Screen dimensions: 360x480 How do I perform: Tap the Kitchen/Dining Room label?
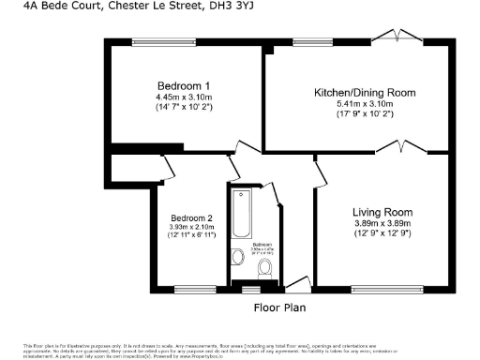(364, 93)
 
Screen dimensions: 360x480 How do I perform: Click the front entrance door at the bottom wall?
(300, 285)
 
